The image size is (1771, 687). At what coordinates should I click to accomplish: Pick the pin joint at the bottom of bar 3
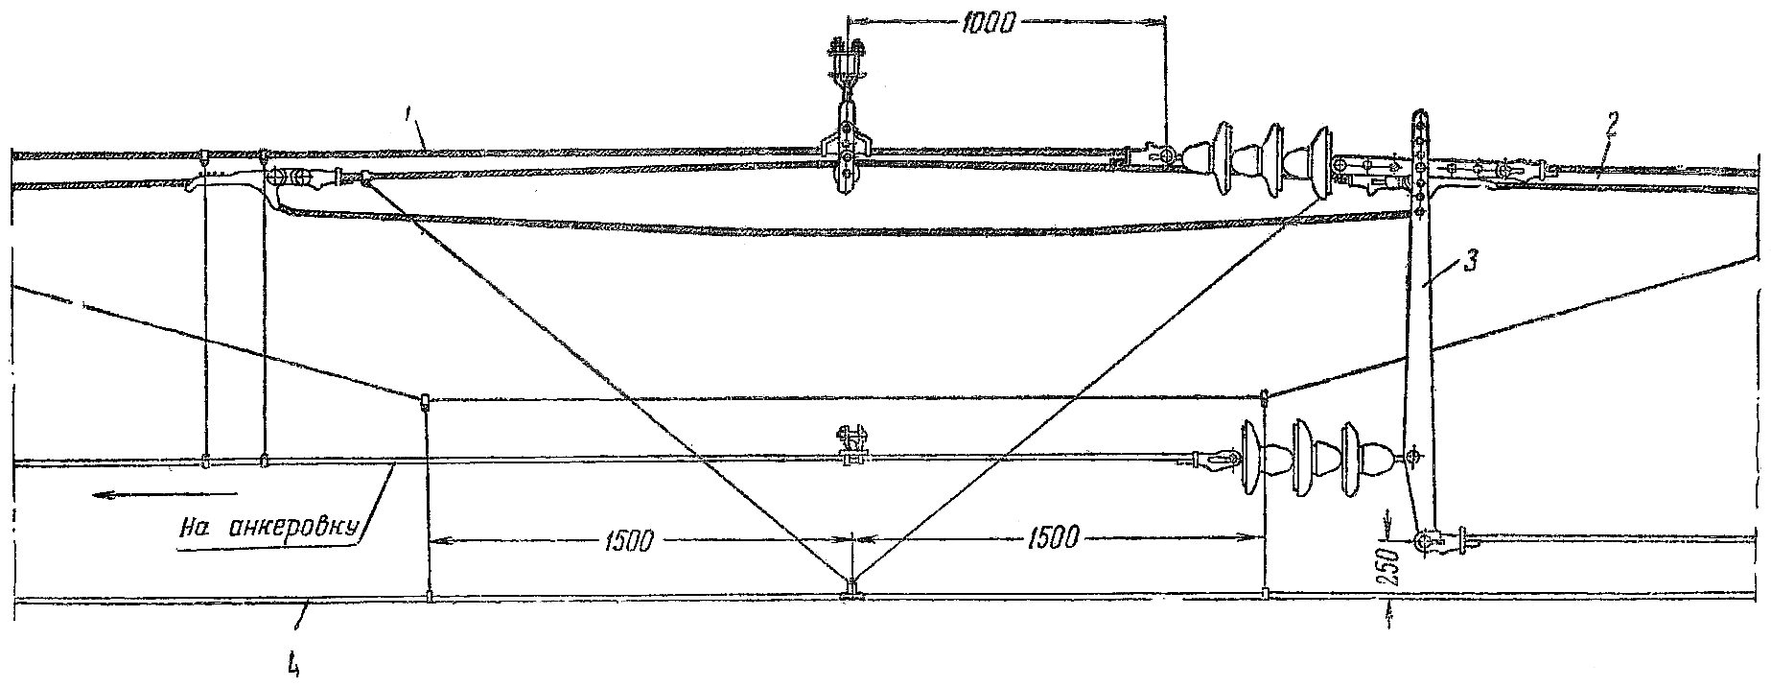(x=1423, y=542)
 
